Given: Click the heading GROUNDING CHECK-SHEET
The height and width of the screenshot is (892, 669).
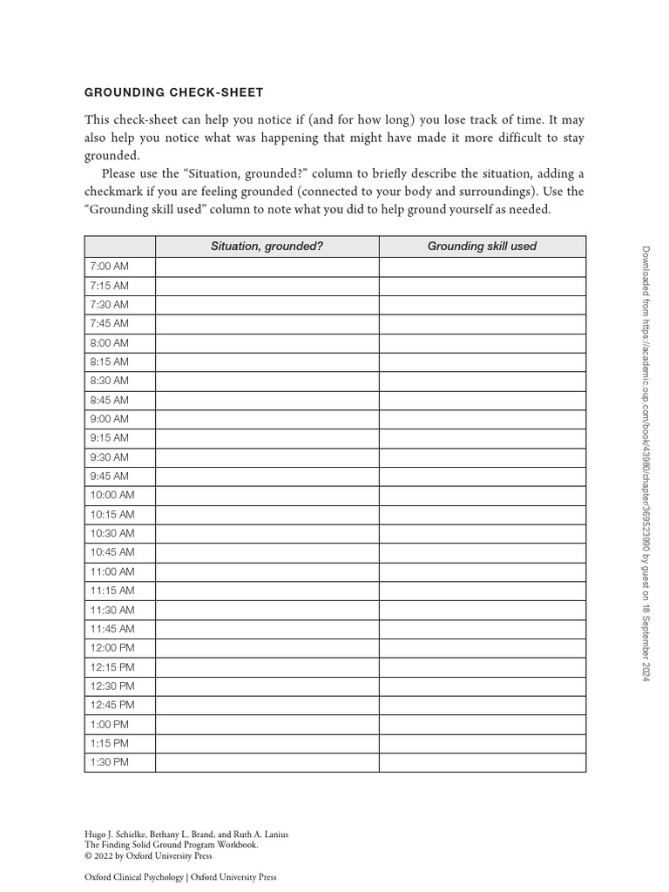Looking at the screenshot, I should tap(173, 92).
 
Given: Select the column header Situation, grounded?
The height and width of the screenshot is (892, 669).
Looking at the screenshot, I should tap(267, 247).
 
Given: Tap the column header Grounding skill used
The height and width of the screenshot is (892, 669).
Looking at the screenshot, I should tap(482, 247).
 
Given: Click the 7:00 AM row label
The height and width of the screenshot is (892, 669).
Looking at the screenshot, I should tap(109, 267).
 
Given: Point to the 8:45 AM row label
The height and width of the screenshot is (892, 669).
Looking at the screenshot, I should tap(109, 400).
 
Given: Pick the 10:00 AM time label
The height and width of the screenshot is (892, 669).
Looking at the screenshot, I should tap(111, 495).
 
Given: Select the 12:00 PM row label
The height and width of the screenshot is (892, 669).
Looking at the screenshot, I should tap(111, 647).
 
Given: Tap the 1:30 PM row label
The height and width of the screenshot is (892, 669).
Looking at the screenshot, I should tap(109, 762).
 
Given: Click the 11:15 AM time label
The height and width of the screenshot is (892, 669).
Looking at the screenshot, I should tap(111, 591).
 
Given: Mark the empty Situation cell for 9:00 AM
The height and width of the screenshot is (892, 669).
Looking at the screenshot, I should tap(267, 419).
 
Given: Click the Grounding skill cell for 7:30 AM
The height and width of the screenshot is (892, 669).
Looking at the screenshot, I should tap(482, 305).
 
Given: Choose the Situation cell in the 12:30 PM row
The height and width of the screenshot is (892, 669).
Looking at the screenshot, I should tap(267, 686).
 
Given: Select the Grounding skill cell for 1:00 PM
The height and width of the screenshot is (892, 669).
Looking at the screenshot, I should tap(482, 724).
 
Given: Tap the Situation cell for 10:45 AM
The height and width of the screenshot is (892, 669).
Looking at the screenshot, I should tap(267, 552).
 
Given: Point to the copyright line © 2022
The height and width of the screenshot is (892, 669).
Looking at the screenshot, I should tap(148, 855).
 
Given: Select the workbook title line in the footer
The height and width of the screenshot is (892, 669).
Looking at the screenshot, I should tap(171, 844).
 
